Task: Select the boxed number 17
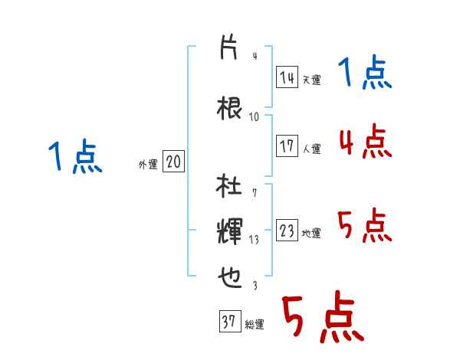[287, 146]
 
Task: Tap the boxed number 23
[287, 231]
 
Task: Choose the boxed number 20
[173, 162]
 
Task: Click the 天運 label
[311, 80]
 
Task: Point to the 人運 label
[311, 149]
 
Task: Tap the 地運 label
[311, 234]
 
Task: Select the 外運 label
[147, 165]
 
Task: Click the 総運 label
[255, 325]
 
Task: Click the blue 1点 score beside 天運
[364, 75]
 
